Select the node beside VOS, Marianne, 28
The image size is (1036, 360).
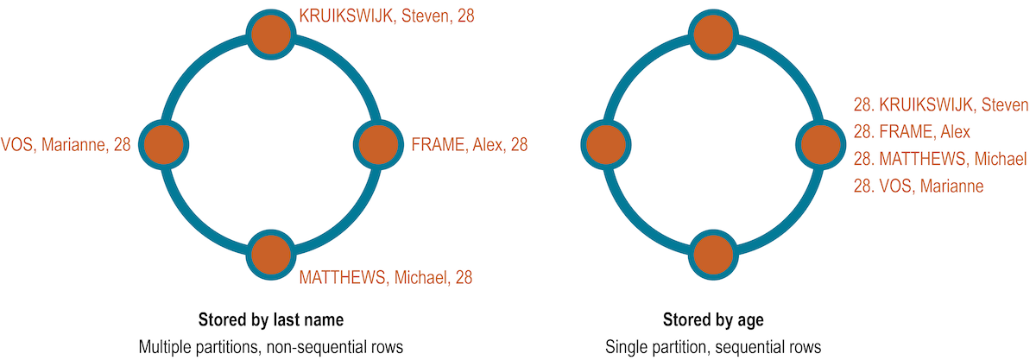coord(163,144)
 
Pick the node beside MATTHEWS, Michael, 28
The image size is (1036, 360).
coord(271,254)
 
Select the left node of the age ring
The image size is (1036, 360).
coord(605,144)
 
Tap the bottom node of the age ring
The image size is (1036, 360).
coord(713,254)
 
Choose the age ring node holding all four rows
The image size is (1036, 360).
coord(821,144)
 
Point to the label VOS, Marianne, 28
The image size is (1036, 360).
coord(66,145)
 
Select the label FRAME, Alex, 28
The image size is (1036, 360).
coord(470,145)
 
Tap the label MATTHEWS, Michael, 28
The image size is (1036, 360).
coord(385,277)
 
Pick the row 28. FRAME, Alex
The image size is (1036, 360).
coord(912,132)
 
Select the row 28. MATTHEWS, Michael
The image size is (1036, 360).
coord(939,159)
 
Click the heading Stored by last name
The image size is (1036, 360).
coord(271,320)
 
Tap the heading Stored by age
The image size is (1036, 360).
coord(713,320)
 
